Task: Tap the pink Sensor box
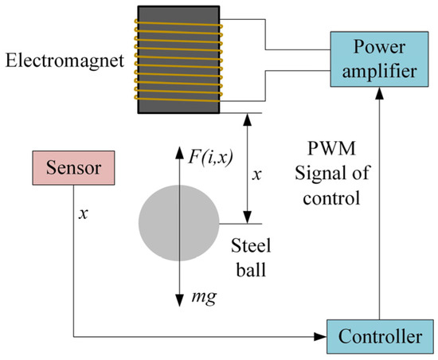[x=72, y=170]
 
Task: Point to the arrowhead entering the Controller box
[x=320, y=337]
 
